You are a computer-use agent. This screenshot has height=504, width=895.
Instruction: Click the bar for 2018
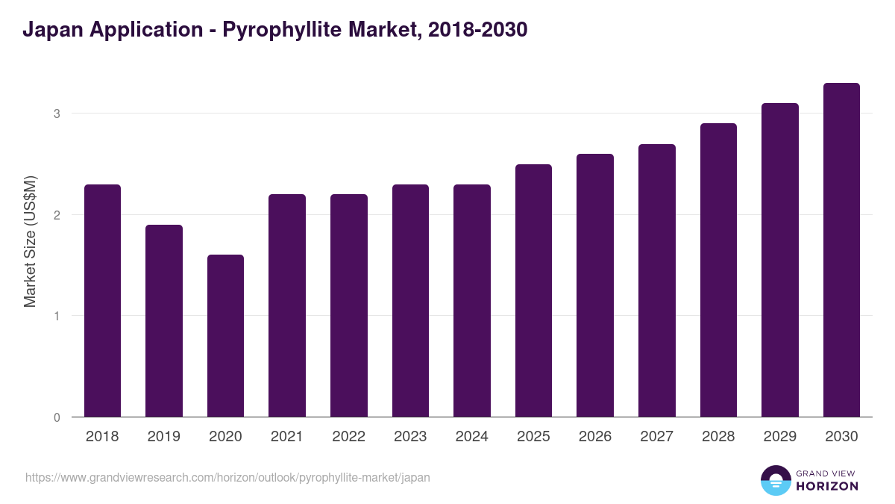coord(102,300)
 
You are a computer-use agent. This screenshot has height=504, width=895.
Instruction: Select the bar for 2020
coord(225,336)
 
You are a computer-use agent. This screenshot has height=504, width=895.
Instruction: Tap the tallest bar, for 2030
coord(841,250)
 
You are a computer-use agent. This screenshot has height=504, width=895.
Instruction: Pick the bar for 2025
coord(533,290)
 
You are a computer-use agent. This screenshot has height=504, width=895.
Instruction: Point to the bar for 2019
coord(164,321)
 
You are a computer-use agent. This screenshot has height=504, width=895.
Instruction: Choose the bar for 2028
coord(718,270)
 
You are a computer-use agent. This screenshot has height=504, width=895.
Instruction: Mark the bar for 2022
coord(349,305)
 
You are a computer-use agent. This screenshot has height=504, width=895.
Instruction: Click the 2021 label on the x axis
coord(287,437)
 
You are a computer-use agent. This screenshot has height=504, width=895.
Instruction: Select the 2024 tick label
coord(471,437)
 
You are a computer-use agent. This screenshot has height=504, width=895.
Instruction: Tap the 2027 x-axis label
coord(656,437)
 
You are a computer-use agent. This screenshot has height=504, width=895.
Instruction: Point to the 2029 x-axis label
coord(779,437)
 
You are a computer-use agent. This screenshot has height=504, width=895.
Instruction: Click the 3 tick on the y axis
coord(57,113)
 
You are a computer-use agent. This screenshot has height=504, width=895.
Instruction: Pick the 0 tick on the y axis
coord(57,417)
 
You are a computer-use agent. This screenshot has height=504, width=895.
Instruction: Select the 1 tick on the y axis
coord(57,316)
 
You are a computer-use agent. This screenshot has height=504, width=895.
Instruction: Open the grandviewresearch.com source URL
coord(227,477)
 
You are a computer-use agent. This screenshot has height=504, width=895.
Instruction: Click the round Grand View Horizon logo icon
coord(775,480)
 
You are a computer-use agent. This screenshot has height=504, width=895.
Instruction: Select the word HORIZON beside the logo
coord(827,486)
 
